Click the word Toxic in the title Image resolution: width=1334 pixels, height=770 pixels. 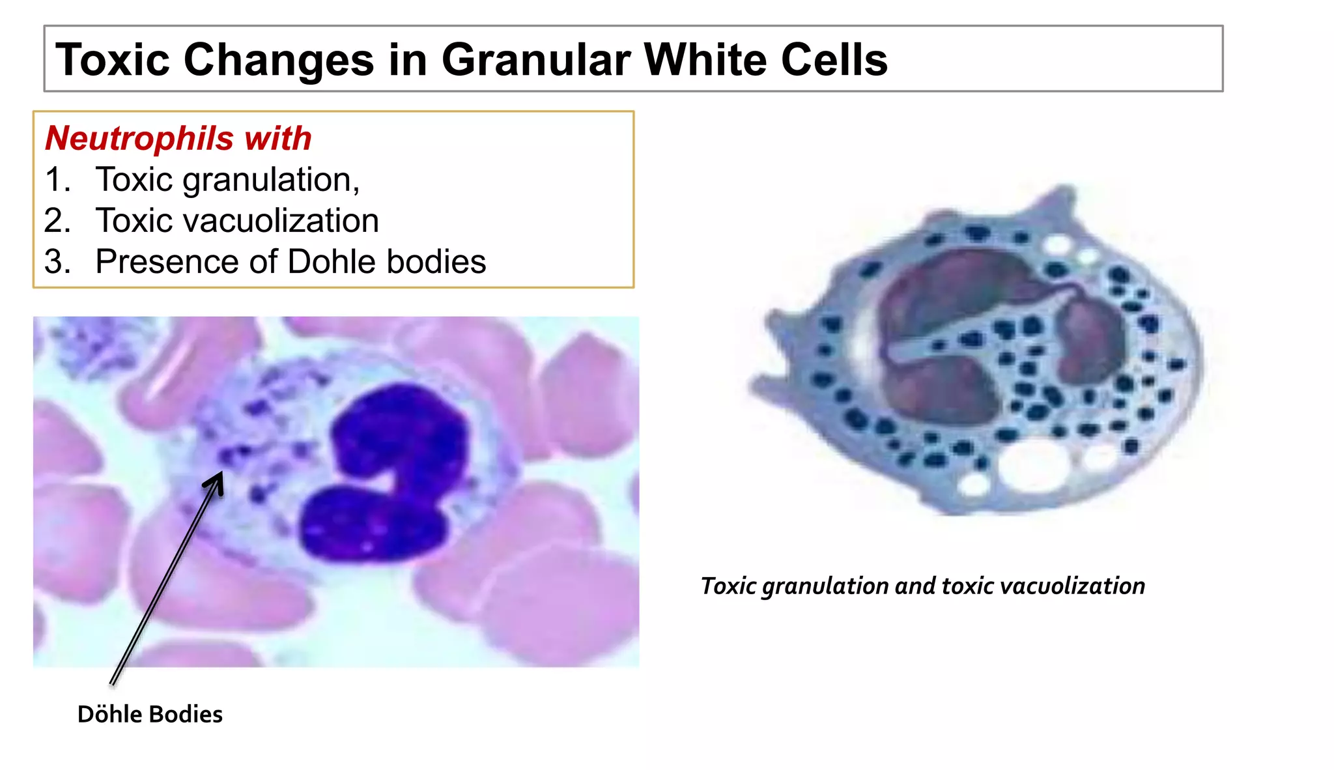113,60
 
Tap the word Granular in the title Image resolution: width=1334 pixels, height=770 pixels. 535,60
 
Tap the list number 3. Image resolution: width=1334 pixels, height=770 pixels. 57,262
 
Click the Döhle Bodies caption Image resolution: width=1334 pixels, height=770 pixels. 150,715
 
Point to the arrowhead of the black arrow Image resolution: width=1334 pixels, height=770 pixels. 218,479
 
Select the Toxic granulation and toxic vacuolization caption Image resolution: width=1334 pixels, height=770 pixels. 922,586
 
